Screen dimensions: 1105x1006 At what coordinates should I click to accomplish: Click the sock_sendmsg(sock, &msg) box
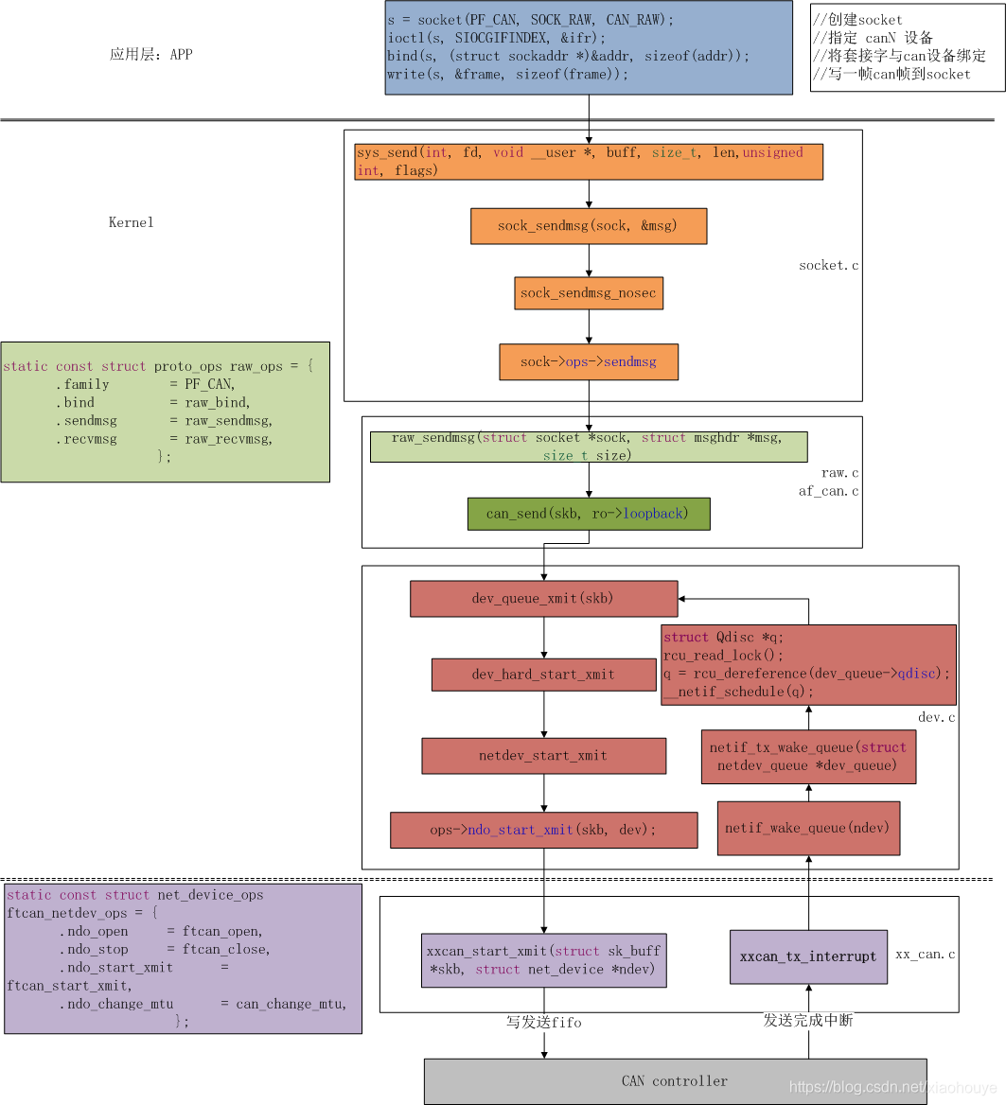coord(588,226)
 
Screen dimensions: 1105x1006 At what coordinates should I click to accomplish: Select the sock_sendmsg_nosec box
coord(588,293)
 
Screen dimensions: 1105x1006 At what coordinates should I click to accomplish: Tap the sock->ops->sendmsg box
coord(588,361)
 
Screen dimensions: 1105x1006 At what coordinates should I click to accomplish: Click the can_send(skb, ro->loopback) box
coord(588,514)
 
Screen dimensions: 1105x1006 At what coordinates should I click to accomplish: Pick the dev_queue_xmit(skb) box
coord(543,599)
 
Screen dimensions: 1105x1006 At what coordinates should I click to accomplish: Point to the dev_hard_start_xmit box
coord(543,675)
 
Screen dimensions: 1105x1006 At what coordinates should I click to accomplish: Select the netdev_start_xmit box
coord(543,756)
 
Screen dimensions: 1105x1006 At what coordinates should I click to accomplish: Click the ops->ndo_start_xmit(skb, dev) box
coord(543,830)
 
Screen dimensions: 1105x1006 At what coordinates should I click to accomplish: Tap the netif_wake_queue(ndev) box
coord(808,828)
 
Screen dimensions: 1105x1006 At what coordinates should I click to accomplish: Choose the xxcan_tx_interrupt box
coord(808,956)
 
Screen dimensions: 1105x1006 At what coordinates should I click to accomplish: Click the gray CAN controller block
coord(675,1080)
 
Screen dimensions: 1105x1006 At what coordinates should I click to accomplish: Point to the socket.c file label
coord(828,266)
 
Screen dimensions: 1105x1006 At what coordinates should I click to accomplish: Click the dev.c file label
coord(936,718)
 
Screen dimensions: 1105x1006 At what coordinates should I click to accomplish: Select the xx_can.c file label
coord(925,955)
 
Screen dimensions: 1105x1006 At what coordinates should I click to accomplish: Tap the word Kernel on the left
coord(131,222)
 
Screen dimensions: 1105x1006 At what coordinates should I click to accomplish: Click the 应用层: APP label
coord(150,55)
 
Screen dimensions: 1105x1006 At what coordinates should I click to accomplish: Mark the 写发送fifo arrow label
coord(543,1023)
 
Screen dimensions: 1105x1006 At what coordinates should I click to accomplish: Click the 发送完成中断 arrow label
coord(808,1021)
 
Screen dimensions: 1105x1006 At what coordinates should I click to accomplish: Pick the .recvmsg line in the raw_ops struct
coord(164,439)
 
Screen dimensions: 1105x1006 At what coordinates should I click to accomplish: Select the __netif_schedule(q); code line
coord(738,692)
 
